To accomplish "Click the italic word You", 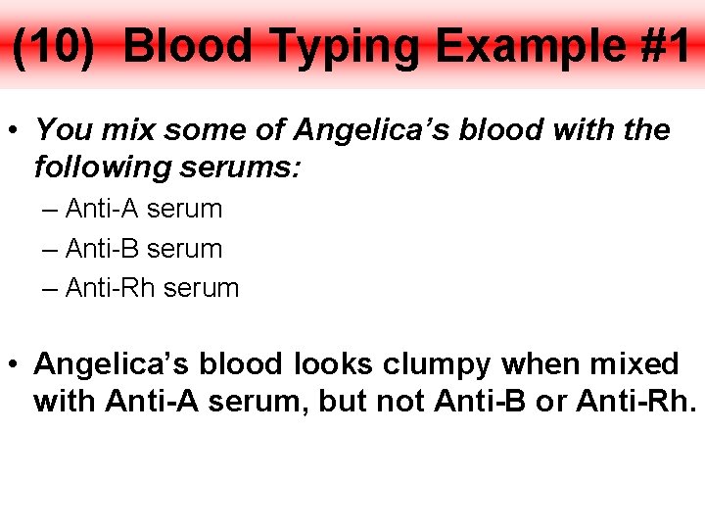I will point(63,129).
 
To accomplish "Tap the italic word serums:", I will point(241,168).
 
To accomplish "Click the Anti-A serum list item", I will point(143,209).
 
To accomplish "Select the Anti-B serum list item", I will point(143,249).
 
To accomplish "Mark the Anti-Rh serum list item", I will point(152,288).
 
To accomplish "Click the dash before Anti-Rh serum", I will point(51,288).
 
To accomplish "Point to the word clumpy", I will point(437,364).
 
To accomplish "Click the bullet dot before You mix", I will point(16,130).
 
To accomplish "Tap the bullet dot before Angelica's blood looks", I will point(16,365).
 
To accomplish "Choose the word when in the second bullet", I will point(537,364).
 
